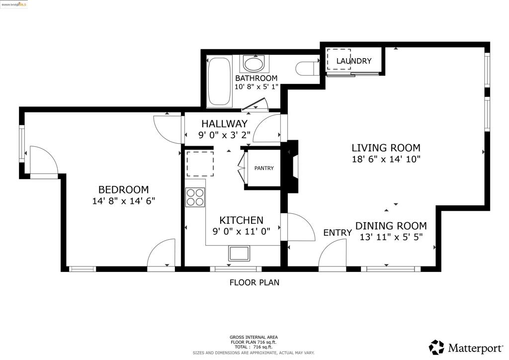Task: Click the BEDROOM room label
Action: [x=123, y=189]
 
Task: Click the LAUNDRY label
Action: [x=354, y=61]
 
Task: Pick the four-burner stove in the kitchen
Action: [x=195, y=197]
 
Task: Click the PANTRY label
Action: [x=264, y=168]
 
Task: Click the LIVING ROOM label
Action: [x=386, y=148]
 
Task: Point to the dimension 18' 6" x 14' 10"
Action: [x=386, y=159]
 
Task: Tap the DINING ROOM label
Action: [x=391, y=226]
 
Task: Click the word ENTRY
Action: [x=338, y=233]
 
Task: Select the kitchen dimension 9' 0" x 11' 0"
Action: [x=241, y=231]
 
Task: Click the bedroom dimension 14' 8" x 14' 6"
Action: [x=124, y=201]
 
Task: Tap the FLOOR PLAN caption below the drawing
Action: [x=254, y=282]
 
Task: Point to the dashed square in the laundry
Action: [x=339, y=59]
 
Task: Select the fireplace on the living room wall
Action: [x=293, y=167]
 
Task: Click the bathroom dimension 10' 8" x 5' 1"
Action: [x=256, y=87]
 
